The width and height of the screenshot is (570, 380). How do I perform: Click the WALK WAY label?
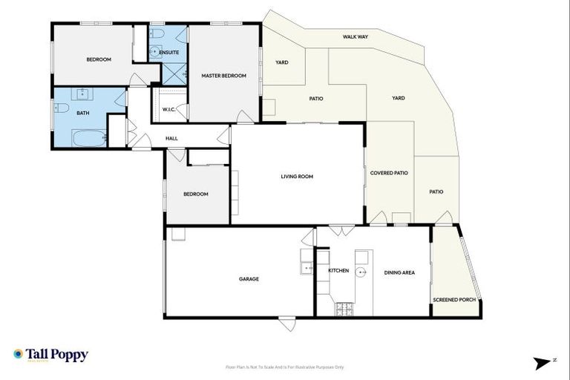click(356, 36)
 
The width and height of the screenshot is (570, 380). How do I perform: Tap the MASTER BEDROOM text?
click(223, 76)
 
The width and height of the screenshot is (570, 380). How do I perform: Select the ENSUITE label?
click(169, 53)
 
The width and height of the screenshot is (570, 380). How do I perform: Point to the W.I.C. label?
click(168, 110)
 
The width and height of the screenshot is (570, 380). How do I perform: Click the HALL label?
click(171, 138)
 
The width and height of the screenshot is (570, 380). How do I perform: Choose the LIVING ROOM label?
click(297, 176)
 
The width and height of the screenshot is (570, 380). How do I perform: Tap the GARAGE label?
click(249, 279)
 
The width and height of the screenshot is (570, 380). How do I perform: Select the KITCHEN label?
click(338, 271)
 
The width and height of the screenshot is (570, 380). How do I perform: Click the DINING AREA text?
click(399, 272)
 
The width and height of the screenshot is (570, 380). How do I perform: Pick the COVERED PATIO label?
click(389, 173)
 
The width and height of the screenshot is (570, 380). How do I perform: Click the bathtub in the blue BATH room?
click(89, 137)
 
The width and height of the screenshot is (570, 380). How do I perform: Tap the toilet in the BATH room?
click(62, 108)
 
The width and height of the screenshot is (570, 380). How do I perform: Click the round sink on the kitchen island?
click(361, 272)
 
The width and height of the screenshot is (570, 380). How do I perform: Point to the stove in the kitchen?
click(344, 308)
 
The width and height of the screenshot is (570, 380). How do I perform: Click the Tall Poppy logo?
click(50, 355)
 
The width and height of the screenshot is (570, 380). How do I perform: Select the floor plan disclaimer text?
click(285, 367)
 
